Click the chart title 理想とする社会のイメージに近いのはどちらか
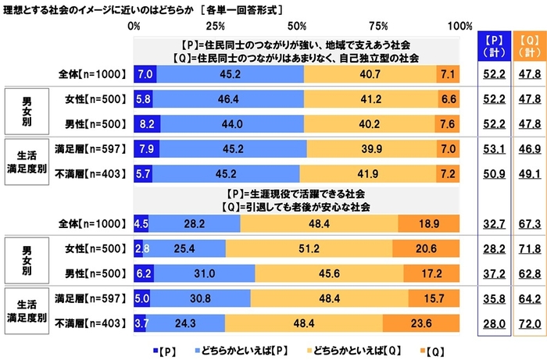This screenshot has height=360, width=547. [109, 9]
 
